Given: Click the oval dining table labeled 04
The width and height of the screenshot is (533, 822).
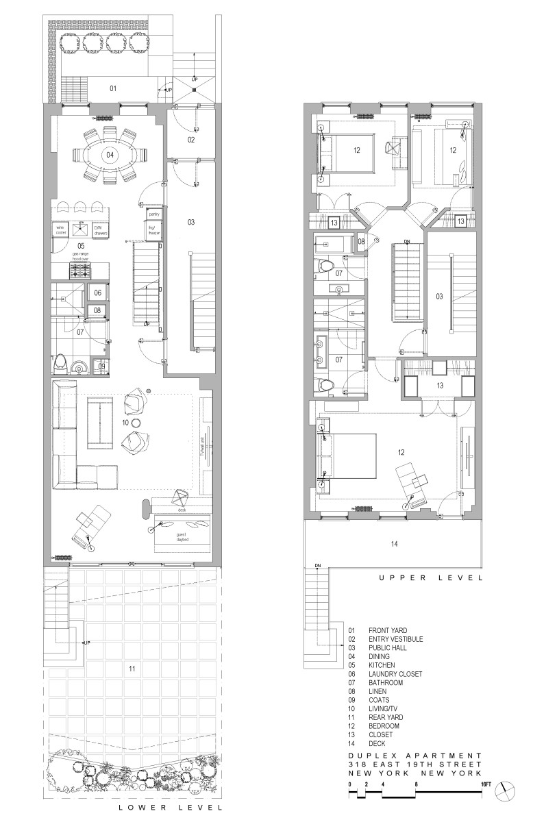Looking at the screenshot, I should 110,155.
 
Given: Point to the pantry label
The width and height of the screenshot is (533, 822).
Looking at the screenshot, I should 153,215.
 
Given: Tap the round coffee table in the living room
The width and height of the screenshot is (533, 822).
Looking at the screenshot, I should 136,423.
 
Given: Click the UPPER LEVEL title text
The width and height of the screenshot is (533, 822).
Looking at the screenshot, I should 430,578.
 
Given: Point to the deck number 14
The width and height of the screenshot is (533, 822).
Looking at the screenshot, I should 394,544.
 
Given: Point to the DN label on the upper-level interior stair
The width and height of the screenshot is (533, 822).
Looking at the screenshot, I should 406,242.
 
